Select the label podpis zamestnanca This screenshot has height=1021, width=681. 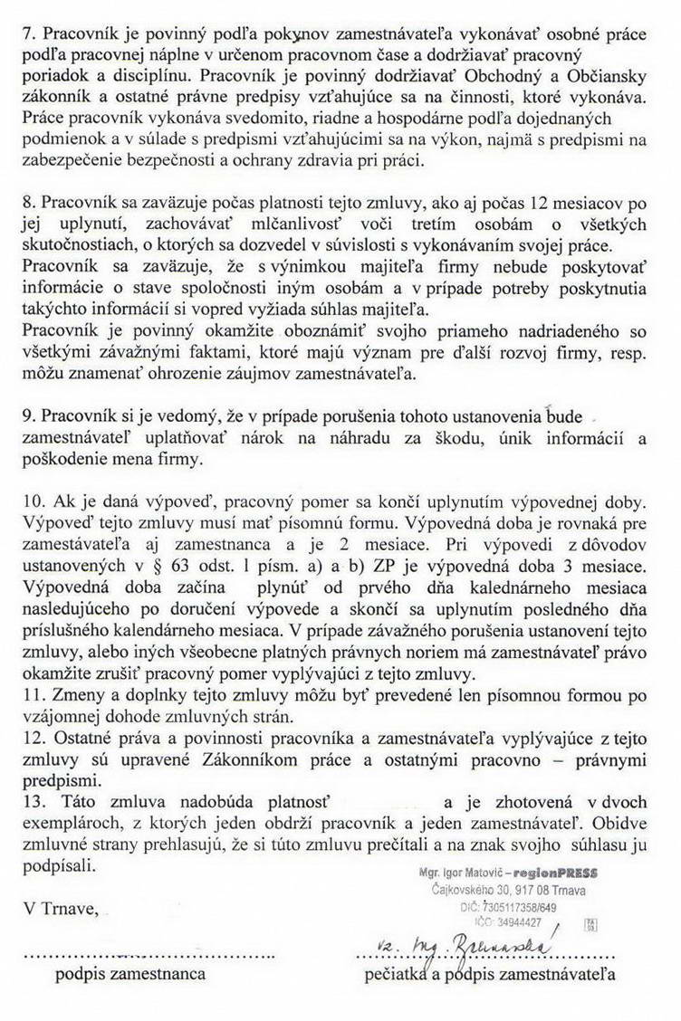129,973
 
